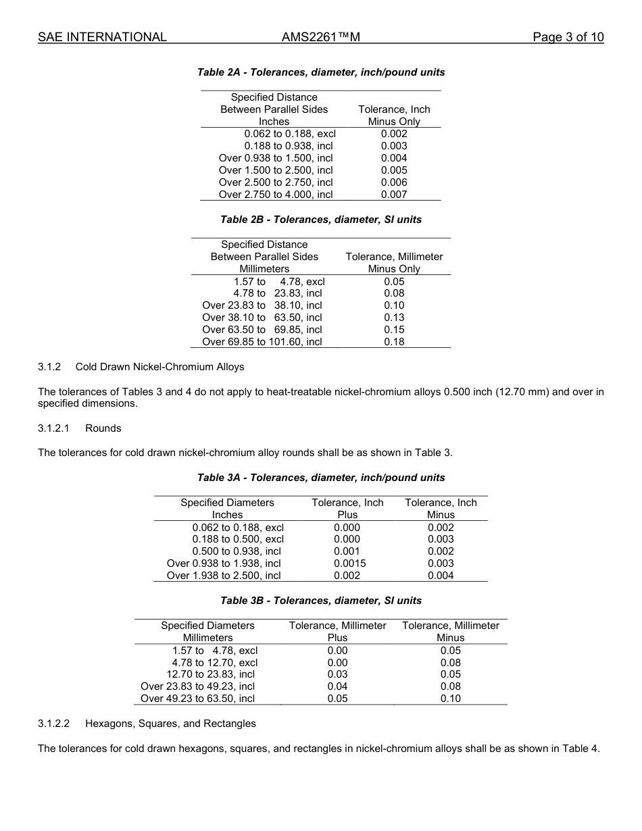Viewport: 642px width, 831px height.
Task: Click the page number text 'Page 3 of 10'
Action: click(x=568, y=37)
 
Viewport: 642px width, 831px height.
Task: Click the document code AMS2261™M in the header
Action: click(x=320, y=37)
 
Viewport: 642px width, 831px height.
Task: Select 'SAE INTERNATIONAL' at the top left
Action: click(x=102, y=37)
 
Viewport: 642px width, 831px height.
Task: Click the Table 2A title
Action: click(x=321, y=72)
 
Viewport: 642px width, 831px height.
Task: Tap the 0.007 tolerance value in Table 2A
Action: click(x=394, y=195)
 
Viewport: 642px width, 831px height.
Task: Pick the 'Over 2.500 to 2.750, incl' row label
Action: click(x=276, y=182)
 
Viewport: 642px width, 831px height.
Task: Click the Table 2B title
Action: click(x=321, y=220)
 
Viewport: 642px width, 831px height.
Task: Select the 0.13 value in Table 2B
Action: click(x=394, y=318)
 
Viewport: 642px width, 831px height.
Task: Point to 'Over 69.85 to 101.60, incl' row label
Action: click(x=262, y=342)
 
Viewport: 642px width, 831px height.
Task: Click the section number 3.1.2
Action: click(x=49, y=367)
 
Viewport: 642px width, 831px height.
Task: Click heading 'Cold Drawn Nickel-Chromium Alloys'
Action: click(x=159, y=367)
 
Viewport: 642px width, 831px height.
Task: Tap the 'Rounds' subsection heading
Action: click(x=103, y=428)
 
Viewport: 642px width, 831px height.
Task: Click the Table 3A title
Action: click(x=321, y=478)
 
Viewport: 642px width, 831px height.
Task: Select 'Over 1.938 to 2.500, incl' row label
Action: click(x=224, y=576)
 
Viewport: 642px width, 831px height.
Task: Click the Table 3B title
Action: click(x=321, y=601)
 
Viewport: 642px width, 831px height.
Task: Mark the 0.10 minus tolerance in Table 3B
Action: click(x=450, y=699)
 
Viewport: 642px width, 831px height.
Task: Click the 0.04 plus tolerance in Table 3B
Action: click(x=337, y=686)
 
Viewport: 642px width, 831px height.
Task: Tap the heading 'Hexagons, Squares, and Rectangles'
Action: click(x=170, y=724)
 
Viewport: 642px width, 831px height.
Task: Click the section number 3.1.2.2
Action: click(x=54, y=724)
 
